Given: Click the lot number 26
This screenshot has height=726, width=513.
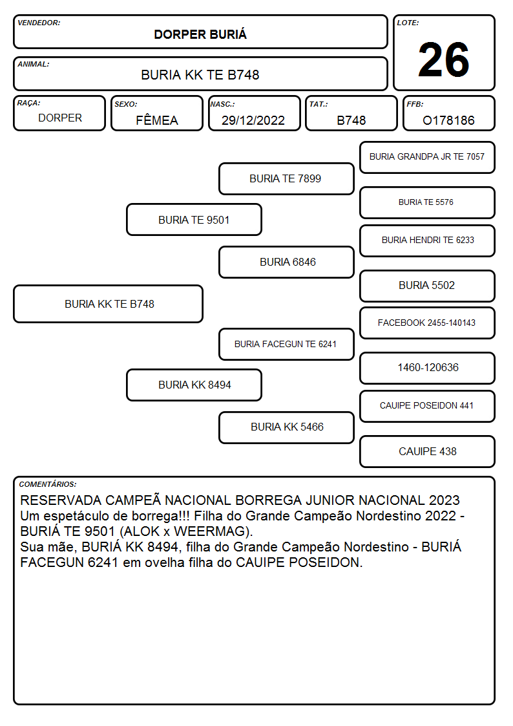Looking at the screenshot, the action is [444, 59].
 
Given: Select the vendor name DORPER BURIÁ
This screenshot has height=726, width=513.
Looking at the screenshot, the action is [200, 34].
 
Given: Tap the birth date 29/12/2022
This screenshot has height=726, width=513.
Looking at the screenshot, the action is [253, 120].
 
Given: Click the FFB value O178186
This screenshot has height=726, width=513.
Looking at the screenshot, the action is [448, 120].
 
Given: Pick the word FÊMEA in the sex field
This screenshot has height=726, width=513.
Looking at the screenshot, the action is [157, 120].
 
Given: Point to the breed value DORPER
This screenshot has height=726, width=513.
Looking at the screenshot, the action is [60, 118].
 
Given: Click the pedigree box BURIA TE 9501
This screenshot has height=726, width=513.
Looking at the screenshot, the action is [194, 219].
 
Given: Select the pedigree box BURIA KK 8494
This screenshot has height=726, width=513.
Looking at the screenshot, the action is [194, 385].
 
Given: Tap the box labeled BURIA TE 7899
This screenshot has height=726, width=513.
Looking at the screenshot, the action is [286, 178].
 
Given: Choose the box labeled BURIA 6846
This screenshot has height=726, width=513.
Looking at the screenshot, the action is [286, 262].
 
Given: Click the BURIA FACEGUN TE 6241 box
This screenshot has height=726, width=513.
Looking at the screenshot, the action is [286, 344].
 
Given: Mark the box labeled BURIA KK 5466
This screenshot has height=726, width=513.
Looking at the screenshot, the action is [286, 427].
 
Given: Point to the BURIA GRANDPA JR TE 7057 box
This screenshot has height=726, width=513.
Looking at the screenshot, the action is [427, 158].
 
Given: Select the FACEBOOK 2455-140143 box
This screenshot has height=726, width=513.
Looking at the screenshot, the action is [427, 323].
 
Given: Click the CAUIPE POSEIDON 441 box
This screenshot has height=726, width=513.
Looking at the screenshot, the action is [427, 406].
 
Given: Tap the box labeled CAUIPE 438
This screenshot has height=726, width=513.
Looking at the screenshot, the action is [427, 451].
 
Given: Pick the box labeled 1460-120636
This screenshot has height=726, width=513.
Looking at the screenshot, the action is [427, 368].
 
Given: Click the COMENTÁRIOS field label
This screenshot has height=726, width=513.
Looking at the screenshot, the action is [48, 484].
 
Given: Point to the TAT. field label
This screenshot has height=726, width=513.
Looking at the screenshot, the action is [319, 104].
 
